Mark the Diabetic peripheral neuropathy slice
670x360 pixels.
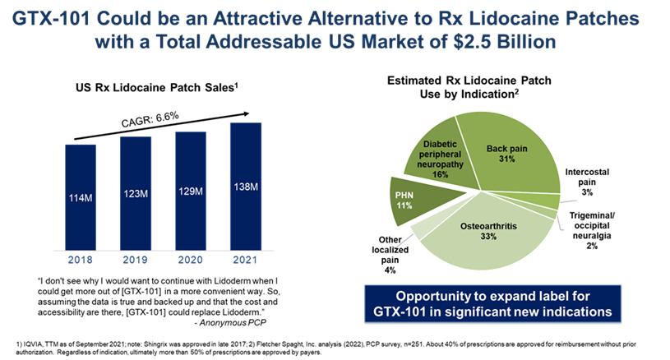(x=434, y=159)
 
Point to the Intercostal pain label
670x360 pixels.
(x=587, y=181)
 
